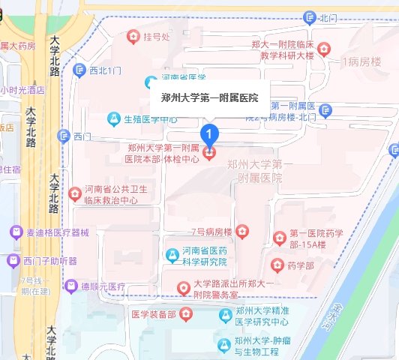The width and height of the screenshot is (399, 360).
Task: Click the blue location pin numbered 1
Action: [x=211, y=134]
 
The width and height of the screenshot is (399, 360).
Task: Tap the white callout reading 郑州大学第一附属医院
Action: [x=209, y=97]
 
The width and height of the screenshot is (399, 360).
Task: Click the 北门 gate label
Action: [x=328, y=16]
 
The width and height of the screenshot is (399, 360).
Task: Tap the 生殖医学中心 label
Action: [x=150, y=118]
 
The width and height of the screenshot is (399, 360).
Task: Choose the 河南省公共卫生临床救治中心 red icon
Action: [x=74, y=194]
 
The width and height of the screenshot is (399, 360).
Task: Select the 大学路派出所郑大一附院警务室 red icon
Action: [x=181, y=287]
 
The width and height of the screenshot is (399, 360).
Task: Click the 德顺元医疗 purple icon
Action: [x=70, y=286]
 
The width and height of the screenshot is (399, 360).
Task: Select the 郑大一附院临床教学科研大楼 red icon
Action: [x=323, y=48]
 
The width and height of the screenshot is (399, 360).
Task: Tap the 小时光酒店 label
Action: [x=22, y=90]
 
